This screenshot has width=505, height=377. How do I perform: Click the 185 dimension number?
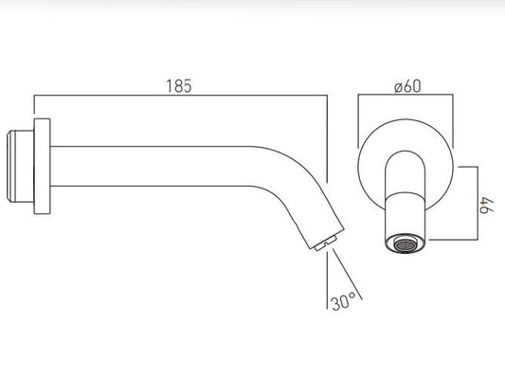click(179, 86)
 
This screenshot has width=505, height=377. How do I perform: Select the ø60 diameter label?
click(407, 86)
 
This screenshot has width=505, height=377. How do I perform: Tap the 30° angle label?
click(343, 301)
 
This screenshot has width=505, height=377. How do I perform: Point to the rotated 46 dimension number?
click(487, 206)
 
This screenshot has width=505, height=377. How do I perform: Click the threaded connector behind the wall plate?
click(20, 166)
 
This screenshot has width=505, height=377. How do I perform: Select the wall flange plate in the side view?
click(43, 166)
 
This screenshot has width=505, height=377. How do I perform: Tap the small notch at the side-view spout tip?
click(326, 243)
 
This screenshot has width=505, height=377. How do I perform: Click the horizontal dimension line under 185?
click(181, 96)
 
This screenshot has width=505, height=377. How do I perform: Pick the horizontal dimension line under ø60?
click(406, 95)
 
